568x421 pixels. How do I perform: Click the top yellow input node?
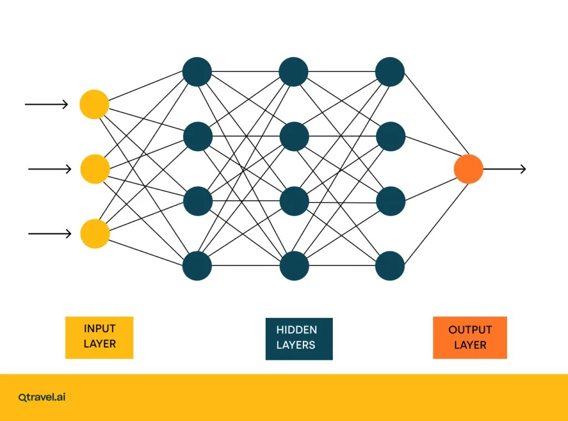[x=94, y=104]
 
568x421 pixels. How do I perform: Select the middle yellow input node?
[x=95, y=169]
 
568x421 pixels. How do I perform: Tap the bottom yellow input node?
[x=95, y=234]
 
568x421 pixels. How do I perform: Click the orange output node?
[x=468, y=169]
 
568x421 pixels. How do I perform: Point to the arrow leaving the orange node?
[x=505, y=169]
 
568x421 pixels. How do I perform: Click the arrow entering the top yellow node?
[x=47, y=104]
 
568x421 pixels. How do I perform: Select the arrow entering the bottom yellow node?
[x=49, y=234]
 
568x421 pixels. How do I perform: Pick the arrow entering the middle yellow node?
[x=49, y=169]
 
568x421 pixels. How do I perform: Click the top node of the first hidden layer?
[x=197, y=72]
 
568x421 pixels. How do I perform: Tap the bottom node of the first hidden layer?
[x=197, y=266]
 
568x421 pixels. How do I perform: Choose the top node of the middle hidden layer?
[x=293, y=72]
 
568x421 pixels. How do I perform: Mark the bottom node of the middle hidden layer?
[x=294, y=266]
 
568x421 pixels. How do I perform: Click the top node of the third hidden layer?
[x=390, y=72]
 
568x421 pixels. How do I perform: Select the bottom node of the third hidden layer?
[x=390, y=266]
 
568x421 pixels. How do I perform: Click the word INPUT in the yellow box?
[x=100, y=328]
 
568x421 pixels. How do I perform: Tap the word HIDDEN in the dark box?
[x=297, y=329]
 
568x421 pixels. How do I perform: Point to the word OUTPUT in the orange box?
[x=470, y=329]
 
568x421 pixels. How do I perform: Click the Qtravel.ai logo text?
[x=42, y=397]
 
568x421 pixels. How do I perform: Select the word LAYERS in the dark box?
[x=296, y=345]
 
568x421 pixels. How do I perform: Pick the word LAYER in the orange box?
[x=470, y=345]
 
